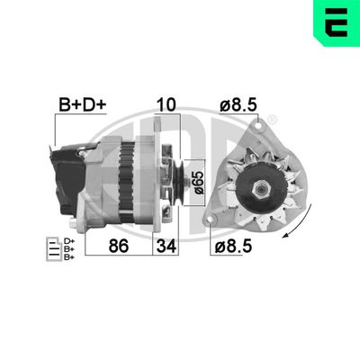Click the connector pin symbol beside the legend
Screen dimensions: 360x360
click(51, 247)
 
